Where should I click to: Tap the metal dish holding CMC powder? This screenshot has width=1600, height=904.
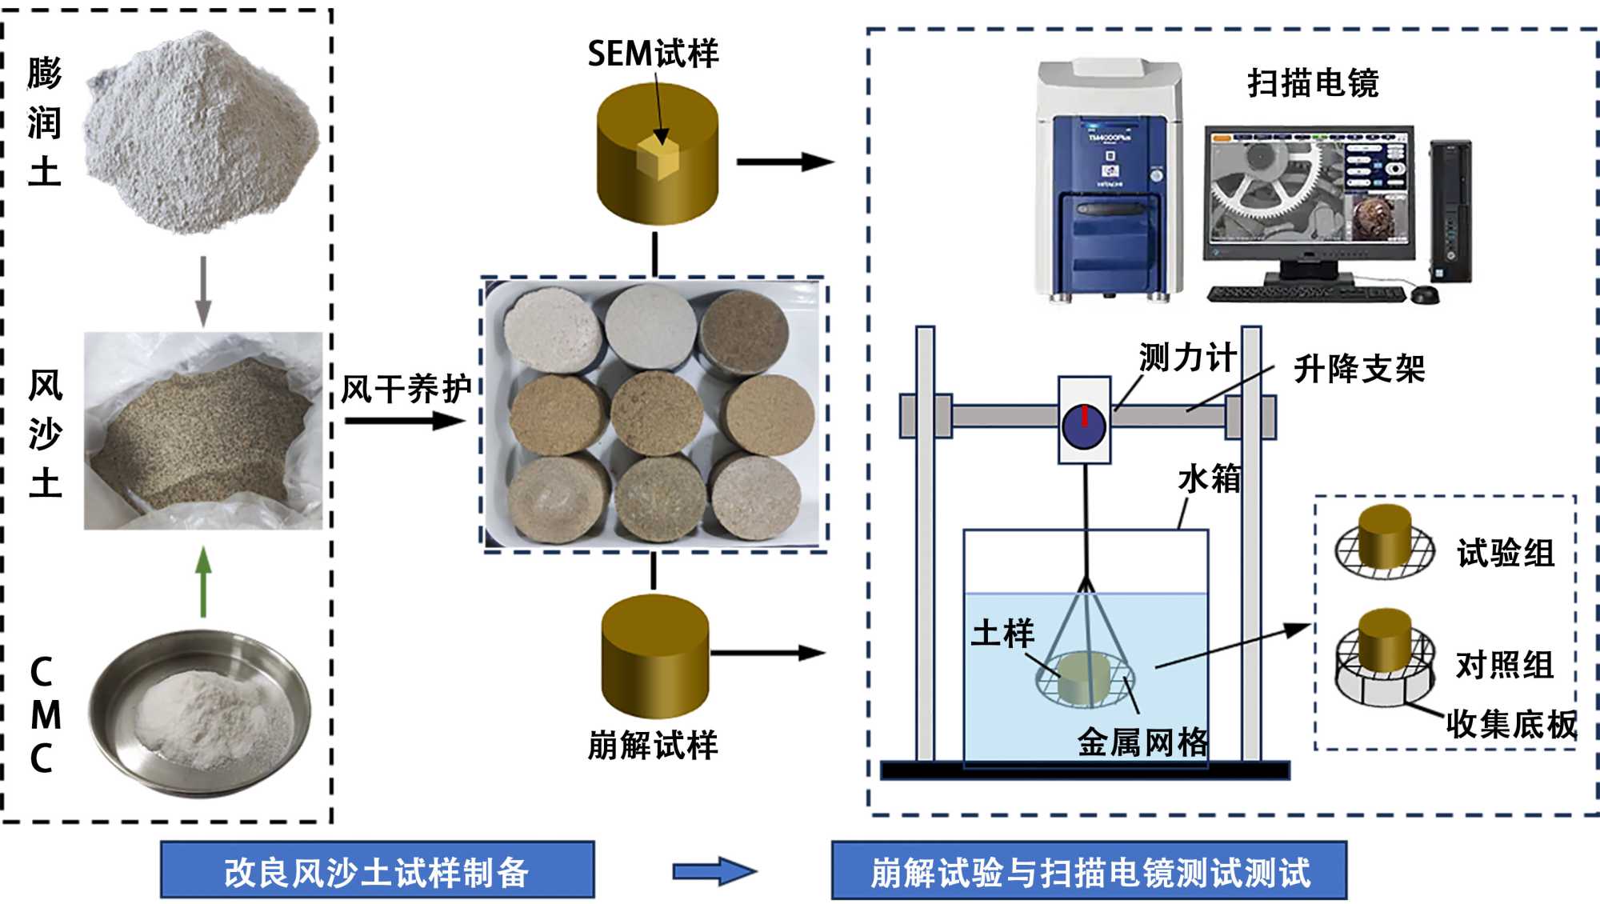[x=200, y=712]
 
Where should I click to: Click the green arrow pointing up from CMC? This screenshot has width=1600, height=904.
[x=204, y=582]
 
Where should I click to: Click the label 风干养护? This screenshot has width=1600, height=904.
[x=406, y=390]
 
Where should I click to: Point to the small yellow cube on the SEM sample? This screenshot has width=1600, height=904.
[x=658, y=158]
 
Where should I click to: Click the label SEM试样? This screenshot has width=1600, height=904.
[x=653, y=54]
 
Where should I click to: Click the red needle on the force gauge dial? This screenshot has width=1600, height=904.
[x=1085, y=416]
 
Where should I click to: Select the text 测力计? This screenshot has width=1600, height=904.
[x=1187, y=358]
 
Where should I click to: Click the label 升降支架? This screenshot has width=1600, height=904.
[x=1359, y=369]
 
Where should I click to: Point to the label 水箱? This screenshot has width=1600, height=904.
[x=1209, y=478]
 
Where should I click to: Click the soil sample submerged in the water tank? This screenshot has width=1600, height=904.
[x=1083, y=678]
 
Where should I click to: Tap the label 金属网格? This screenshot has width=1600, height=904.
[x=1142, y=742]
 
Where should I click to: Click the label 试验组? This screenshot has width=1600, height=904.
[x=1506, y=553]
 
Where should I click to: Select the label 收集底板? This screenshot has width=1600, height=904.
[x=1511, y=724]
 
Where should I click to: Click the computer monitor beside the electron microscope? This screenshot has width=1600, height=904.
[x=1310, y=192]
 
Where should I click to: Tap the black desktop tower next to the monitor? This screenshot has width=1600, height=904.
[x=1450, y=212]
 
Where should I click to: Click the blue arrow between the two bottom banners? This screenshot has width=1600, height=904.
[x=714, y=871]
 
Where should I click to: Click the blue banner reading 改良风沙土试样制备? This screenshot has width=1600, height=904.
[x=377, y=871]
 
